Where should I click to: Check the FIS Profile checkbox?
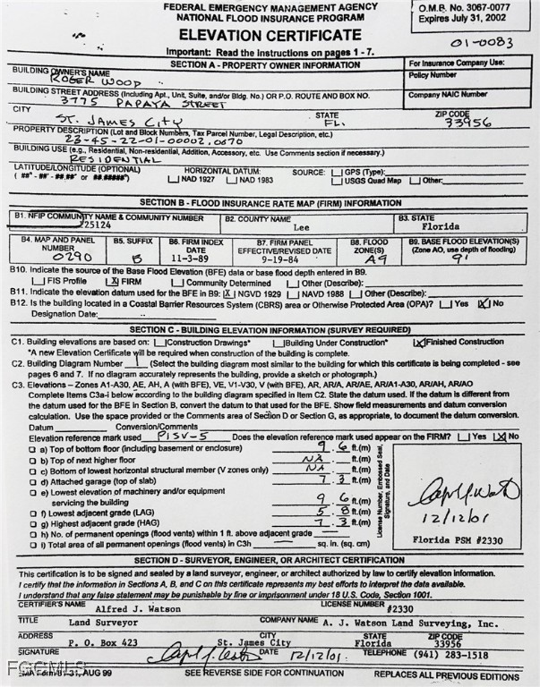point(37,281)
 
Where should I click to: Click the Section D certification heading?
point(270,560)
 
